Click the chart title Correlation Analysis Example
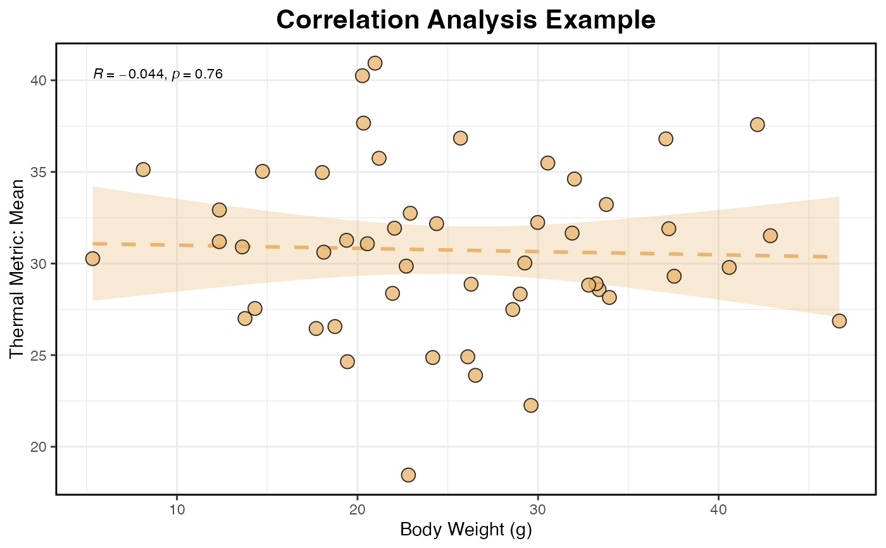point(466,20)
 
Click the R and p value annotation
point(158,74)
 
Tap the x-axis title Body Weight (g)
point(466,530)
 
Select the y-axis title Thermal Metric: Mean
point(17,268)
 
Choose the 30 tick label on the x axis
point(538,509)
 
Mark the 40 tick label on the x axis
point(718,509)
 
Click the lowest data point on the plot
point(408,475)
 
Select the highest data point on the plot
point(375,63)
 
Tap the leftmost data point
point(92,258)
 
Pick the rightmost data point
point(839,321)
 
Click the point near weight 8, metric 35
point(143,170)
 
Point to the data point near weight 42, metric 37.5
point(757,125)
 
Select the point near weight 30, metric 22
point(531,405)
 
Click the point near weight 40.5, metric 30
point(729,267)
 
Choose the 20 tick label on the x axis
point(358,509)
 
